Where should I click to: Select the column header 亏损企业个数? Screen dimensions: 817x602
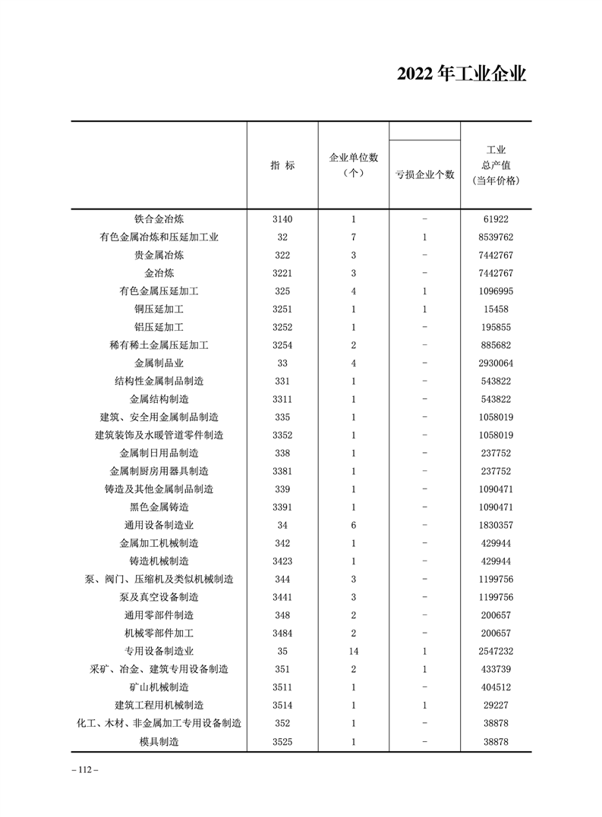[x=424, y=174]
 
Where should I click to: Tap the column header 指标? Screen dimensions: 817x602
[x=282, y=165]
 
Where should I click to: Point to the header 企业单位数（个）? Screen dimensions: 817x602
[x=353, y=165]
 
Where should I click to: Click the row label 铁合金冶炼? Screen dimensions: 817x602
[x=159, y=219]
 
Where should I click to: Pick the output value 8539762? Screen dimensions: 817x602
[x=496, y=237]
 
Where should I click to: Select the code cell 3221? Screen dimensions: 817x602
[x=282, y=273]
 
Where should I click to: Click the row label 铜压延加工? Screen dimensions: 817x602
[x=159, y=310]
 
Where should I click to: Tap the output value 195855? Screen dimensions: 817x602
[x=496, y=328]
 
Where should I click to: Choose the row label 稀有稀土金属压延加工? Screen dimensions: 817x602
[x=159, y=345]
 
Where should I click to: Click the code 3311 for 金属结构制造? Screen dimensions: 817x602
[x=282, y=399]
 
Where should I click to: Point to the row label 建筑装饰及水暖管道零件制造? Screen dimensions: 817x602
[x=159, y=435]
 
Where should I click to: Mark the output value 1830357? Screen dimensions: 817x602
[x=496, y=525]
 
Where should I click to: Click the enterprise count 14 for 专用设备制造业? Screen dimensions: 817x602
[x=353, y=651]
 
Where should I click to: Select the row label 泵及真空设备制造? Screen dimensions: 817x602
[x=159, y=597]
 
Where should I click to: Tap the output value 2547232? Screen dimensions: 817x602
[x=496, y=651]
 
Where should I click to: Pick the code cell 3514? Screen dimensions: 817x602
[x=282, y=705]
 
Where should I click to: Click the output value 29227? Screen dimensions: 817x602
[x=496, y=705]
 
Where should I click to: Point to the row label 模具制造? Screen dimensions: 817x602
[x=159, y=741]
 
